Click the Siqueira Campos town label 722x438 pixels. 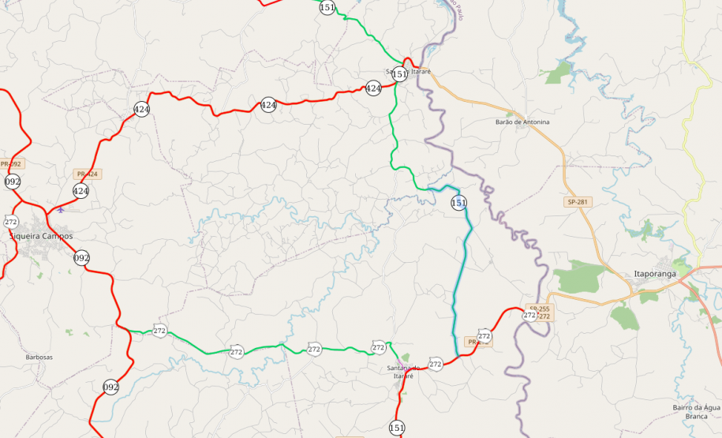40,236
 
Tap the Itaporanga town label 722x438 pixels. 655,274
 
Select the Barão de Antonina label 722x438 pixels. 522,122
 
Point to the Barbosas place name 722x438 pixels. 39,358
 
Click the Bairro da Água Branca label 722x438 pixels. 695,411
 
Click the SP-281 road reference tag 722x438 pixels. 578,202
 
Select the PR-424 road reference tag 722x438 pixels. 87,174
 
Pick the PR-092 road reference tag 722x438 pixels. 11,164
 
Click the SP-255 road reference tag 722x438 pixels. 539,309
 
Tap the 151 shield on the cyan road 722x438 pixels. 458,203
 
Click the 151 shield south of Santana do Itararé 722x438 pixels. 397,428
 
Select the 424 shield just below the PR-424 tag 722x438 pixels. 80,191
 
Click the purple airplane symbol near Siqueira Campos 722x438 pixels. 61,210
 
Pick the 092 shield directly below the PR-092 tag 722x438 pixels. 13,182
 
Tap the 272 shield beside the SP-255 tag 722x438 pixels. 529,315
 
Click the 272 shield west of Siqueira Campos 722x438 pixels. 11,222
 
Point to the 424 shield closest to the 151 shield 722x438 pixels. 373,88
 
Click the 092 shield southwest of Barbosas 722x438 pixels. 110,387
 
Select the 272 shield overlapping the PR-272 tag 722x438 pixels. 484,336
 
